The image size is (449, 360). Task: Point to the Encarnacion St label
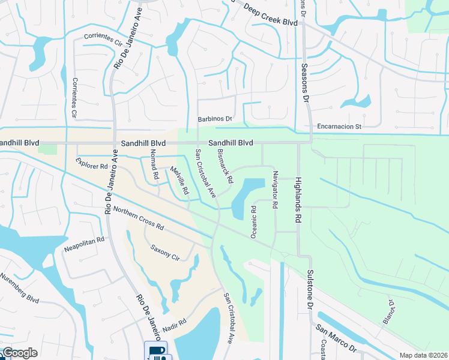pyautogui.click(x=340, y=127)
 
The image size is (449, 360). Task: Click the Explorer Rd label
pyautogui.click(x=91, y=163)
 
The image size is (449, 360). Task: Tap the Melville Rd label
pyautogui.click(x=179, y=181)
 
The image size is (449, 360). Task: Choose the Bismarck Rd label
pyautogui.click(x=224, y=166)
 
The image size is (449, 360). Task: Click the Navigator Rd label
pyautogui.click(x=275, y=189)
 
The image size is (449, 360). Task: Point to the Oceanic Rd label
pyautogui.click(x=254, y=221)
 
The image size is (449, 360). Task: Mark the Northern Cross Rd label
pyautogui.click(x=138, y=219)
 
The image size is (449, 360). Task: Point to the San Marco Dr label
pyautogui.click(x=337, y=338)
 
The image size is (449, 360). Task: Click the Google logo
pyautogui.click(x=19, y=353)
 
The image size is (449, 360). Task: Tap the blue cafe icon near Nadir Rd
pyautogui.click(x=155, y=351)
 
